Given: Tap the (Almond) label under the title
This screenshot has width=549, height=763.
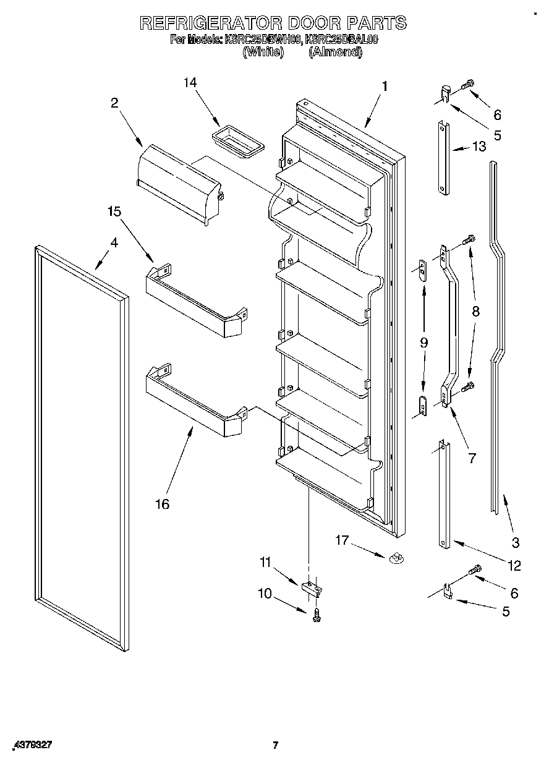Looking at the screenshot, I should coord(334,52).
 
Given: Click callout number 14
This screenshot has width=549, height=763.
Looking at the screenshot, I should coord(191,83).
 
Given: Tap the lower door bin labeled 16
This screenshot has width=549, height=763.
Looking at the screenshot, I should coord(195,401).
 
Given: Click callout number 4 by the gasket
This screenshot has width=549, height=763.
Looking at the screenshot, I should coord(114,243).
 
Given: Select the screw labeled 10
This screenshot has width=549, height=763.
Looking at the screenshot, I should coord(317,613).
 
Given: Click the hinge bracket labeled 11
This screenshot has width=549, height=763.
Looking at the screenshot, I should coord(312,587).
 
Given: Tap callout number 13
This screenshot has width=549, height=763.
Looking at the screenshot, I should coord(479,147).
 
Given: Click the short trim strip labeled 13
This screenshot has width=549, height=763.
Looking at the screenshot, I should coord(444,158).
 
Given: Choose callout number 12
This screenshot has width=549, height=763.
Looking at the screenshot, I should coord(514,565).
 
